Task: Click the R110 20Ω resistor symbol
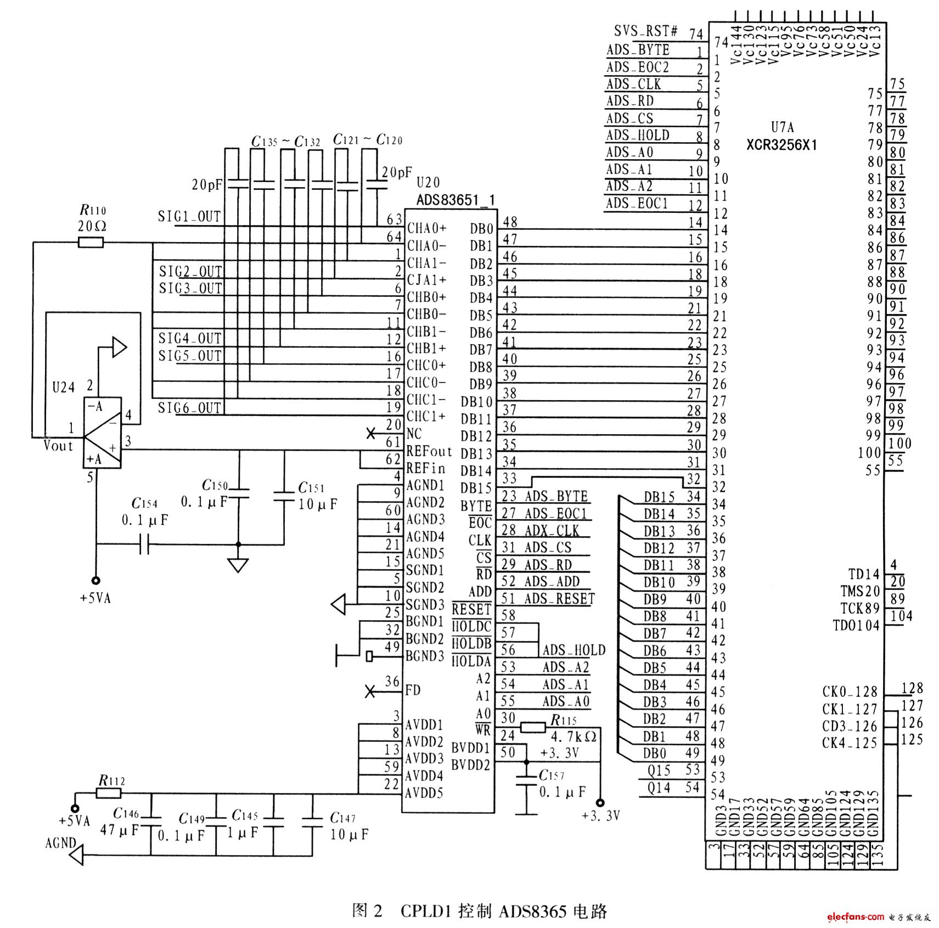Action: click(91, 242)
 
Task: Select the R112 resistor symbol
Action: click(109, 793)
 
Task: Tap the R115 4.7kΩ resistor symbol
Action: click(532, 728)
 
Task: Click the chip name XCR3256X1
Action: click(781, 145)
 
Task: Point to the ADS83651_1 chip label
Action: click(456, 200)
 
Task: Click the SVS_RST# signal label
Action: click(645, 31)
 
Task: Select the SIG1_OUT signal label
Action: click(189, 217)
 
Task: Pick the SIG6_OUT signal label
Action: click(189, 408)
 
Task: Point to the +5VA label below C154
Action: click(95, 598)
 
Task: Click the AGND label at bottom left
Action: click(60, 842)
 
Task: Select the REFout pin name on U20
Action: click(429, 451)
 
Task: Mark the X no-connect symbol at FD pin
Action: click(370, 691)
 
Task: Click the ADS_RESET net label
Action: click(559, 598)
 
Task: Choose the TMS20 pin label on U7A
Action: click(859, 591)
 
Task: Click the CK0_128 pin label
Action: click(850, 691)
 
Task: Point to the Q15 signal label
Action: click(659, 770)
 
